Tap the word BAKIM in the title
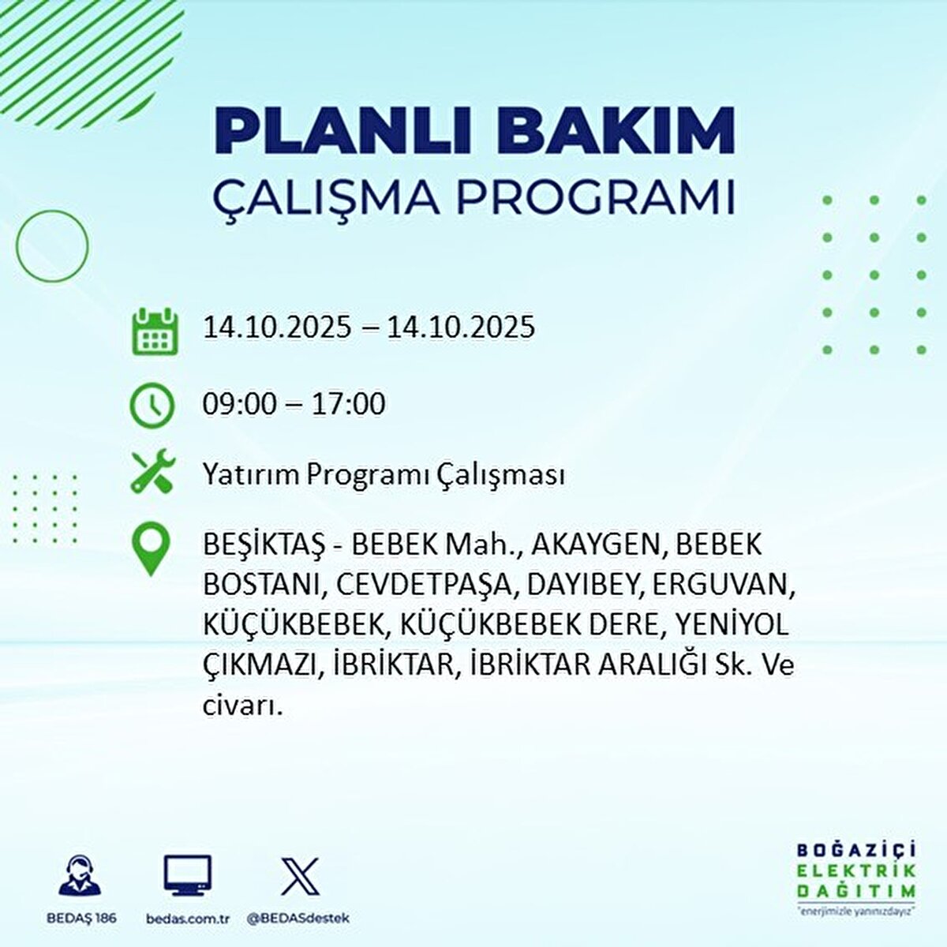(x=620, y=130)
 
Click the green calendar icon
(x=155, y=331)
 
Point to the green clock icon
(x=152, y=406)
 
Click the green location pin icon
(x=151, y=548)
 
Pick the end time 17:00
(x=348, y=404)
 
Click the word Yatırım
(x=251, y=476)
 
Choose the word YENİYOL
(x=732, y=624)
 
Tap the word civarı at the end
(x=243, y=706)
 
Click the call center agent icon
(x=80, y=875)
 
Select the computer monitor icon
(x=188, y=875)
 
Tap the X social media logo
(x=300, y=876)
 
